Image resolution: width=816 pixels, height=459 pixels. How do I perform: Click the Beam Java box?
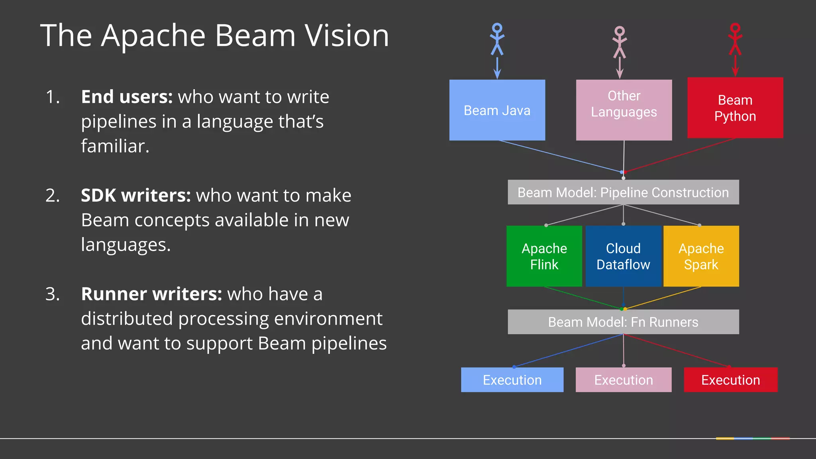pyautogui.click(x=497, y=110)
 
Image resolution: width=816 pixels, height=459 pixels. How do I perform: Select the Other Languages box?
pyautogui.click(x=624, y=110)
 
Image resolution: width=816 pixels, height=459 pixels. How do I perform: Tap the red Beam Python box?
pyautogui.click(x=735, y=108)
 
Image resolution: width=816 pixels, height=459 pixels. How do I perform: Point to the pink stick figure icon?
pyautogui.click(x=619, y=42)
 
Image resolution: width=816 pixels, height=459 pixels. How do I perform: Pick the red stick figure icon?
pyautogui.click(x=735, y=39)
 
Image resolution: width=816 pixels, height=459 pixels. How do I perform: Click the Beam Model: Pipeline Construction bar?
pyautogui.click(x=623, y=192)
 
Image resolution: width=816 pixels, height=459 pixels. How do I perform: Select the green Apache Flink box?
pyautogui.click(x=544, y=256)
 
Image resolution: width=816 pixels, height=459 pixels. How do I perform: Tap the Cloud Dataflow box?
pyautogui.click(x=623, y=256)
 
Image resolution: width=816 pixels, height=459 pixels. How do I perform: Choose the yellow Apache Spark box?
pyautogui.click(x=701, y=256)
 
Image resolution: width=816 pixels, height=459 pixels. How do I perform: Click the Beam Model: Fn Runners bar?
pyautogui.click(x=623, y=322)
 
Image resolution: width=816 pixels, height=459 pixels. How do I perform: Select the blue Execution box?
pyautogui.click(x=512, y=380)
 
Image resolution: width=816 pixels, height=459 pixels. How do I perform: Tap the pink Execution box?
pyautogui.click(x=623, y=380)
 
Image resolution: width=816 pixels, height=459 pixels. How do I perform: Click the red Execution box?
pyautogui.click(x=730, y=380)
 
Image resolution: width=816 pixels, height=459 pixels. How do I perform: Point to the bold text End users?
pyautogui.click(x=127, y=97)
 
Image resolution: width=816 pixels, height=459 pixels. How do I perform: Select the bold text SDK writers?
pyautogui.click(x=136, y=196)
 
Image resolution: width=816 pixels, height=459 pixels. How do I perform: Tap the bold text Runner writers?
pyautogui.click(x=151, y=294)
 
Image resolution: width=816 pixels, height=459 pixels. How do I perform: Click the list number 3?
pyautogui.click(x=52, y=294)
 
